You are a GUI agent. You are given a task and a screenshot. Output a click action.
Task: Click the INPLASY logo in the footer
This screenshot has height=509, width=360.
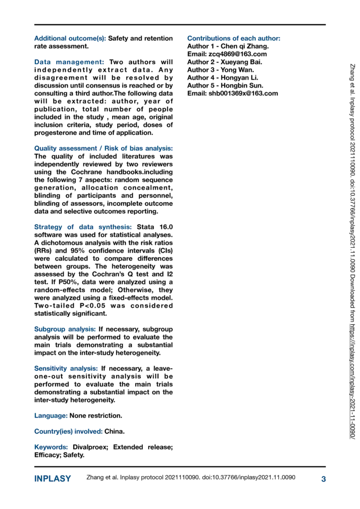(x=52, y=479)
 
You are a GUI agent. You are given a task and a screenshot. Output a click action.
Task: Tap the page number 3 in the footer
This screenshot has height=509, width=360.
(x=323, y=479)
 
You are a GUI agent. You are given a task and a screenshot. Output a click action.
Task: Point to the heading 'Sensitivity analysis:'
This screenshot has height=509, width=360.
(x=66, y=368)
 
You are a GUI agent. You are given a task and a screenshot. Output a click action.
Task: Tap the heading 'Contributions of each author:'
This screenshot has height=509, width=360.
(x=234, y=38)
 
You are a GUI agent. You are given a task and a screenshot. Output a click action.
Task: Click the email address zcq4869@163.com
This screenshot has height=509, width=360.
(x=238, y=54)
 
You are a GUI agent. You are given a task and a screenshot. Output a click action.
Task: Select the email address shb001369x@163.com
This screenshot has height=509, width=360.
(x=243, y=93)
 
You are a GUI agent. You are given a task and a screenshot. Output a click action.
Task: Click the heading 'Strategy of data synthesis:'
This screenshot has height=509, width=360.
(x=76, y=227)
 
